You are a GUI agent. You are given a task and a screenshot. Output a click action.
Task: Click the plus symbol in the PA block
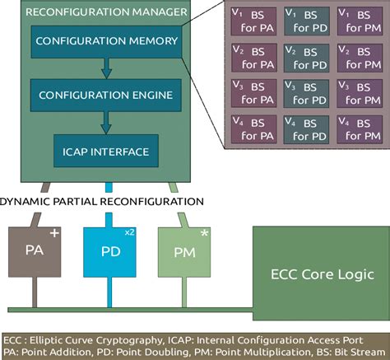(x=54, y=234)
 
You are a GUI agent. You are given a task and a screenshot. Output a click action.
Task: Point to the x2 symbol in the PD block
(x=129, y=234)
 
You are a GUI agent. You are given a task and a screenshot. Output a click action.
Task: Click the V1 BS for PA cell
(x=253, y=21)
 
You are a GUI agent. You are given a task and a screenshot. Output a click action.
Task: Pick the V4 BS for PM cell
(x=360, y=129)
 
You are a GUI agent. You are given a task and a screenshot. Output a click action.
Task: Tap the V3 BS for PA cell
(x=253, y=92)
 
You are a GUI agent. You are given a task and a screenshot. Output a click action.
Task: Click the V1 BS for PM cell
(x=360, y=21)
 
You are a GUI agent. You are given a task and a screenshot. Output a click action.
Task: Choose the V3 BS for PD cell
(x=306, y=92)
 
